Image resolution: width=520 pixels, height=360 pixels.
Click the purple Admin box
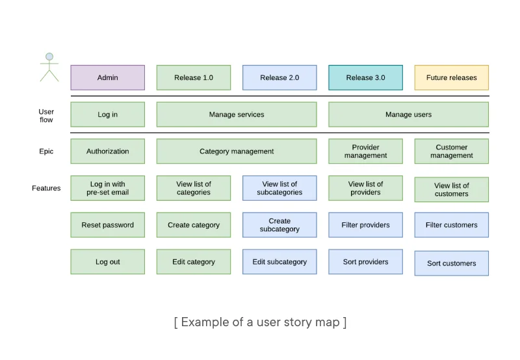[x=107, y=77]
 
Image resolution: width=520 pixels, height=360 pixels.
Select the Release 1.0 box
[x=193, y=77]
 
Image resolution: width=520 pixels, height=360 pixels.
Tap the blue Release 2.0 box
[x=279, y=77]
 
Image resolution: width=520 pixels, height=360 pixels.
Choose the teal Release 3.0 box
[x=365, y=77]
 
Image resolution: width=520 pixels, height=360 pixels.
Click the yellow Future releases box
[x=451, y=77]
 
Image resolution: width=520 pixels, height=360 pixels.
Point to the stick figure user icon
[x=49, y=67]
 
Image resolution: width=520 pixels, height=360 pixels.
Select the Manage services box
[x=237, y=114]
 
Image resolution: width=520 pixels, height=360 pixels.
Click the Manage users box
[x=408, y=114]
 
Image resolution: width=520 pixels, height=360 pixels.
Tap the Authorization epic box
[x=107, y=151]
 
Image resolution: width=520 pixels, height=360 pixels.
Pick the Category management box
[x=237, y=151]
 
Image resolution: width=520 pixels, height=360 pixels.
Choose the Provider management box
[x=365, y=151]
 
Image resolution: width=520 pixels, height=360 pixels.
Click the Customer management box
[x=451, y=151]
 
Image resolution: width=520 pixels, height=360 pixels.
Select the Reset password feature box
[x=107, y=225]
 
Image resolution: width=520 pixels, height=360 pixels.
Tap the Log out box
[x=107, y=262]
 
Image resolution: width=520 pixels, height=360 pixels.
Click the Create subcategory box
[x=279, y=225]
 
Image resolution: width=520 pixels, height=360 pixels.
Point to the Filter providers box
[x=365, y=225]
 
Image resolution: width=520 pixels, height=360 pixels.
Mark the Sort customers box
[x=451, y=263]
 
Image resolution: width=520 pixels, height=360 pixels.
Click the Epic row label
[x=46, y=151]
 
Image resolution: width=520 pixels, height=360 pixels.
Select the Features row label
[x=46, y=188]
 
